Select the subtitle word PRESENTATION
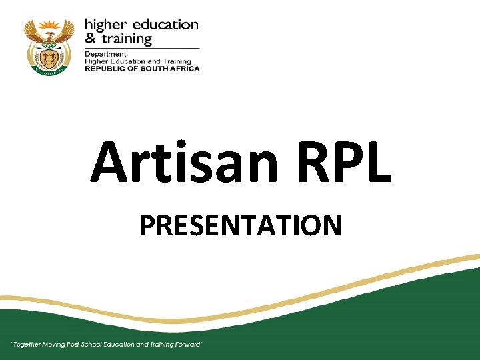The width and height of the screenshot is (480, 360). coord(240,226)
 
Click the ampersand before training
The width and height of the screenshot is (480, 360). coord(89,38)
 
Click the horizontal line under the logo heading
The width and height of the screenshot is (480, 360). coord(141,48)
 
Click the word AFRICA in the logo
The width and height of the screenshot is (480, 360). coord(183,68)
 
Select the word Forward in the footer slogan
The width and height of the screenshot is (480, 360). coord(188,345)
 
